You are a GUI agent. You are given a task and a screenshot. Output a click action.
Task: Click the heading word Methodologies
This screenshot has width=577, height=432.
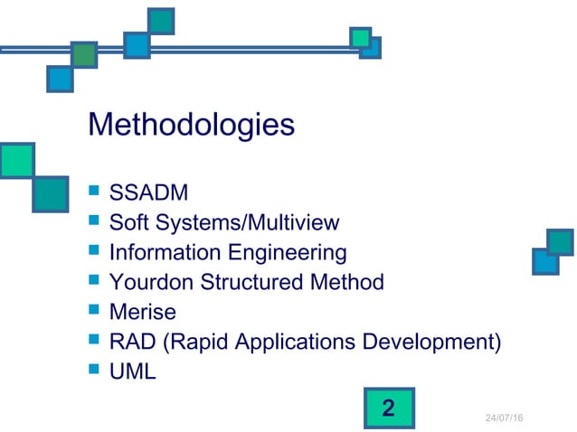(190, 125)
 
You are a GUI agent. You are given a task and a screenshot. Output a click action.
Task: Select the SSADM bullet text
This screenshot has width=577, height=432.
(149, 193)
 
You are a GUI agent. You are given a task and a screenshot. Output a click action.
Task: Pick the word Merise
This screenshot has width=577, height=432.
(142, 312)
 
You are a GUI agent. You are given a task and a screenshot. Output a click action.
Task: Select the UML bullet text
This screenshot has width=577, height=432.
(132, 371)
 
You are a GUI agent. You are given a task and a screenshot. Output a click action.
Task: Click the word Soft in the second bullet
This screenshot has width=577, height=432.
(128, 222)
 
